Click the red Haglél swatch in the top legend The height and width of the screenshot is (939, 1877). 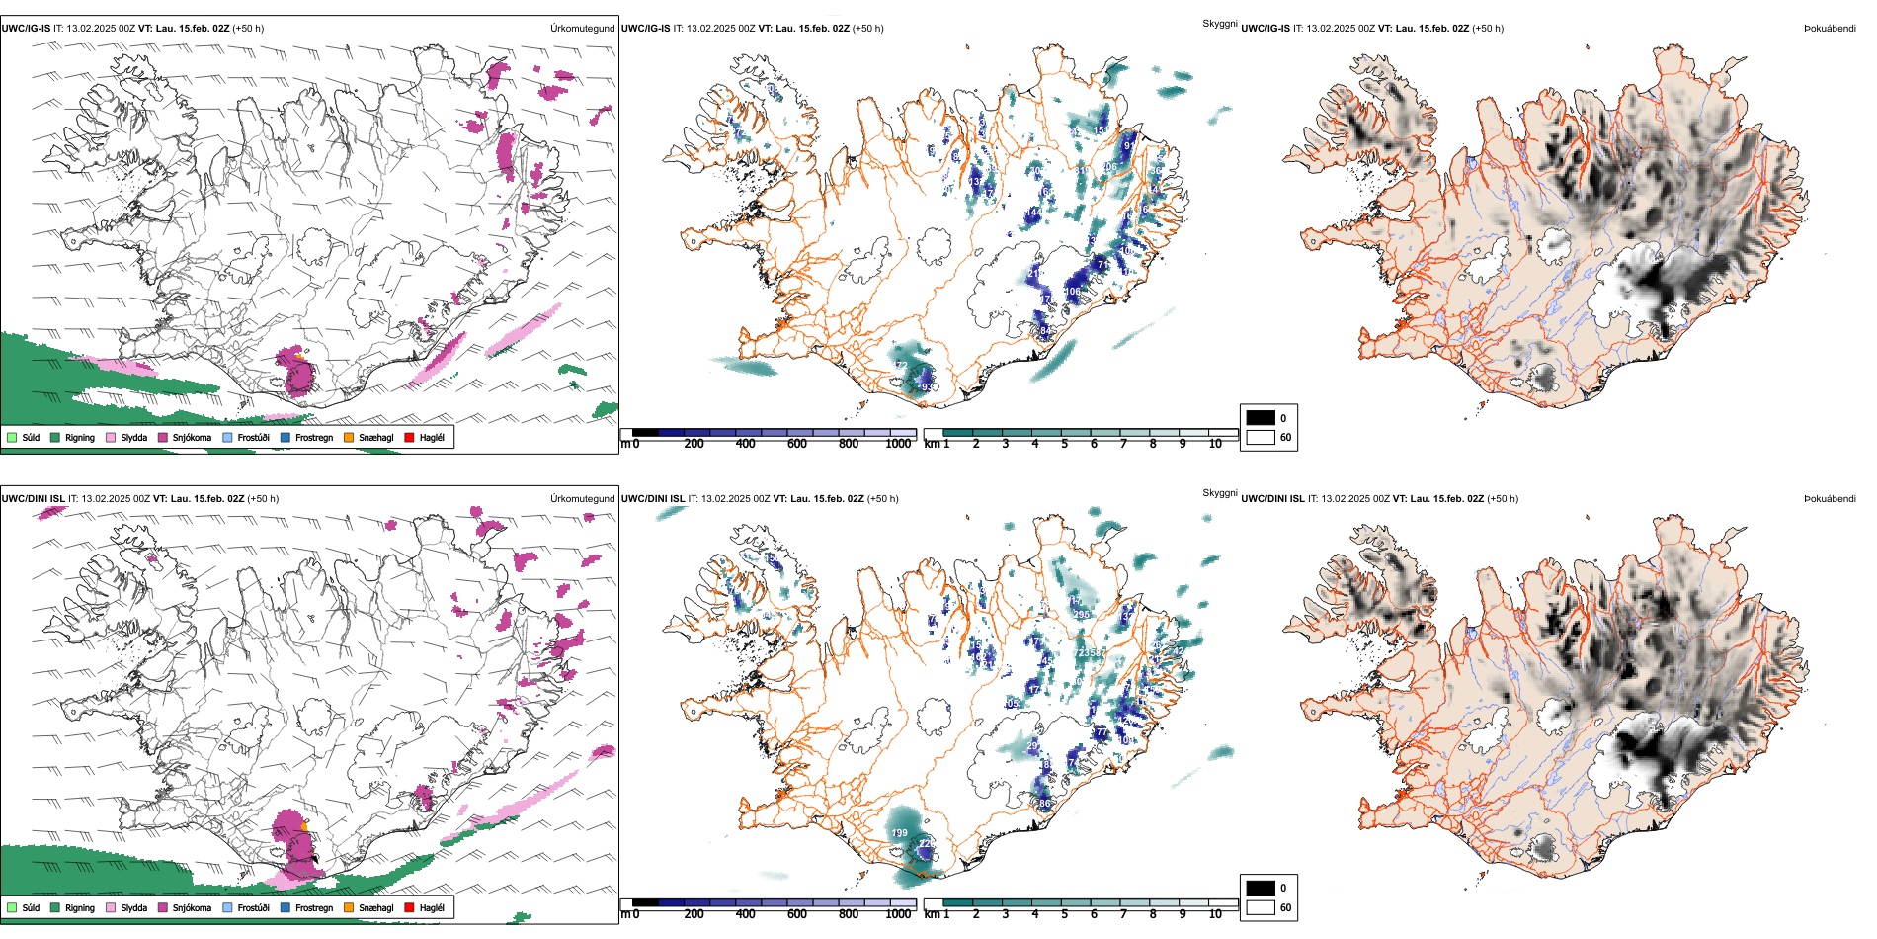[x=409, y=437]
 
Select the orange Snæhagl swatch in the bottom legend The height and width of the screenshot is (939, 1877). [x=349, y=907]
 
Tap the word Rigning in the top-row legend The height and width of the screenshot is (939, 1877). [x=80, y=437]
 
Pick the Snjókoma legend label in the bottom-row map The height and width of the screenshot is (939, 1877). [x=192, y=907]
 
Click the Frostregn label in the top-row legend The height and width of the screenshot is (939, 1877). [x=314, y=437]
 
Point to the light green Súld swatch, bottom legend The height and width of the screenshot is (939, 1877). [x=12, y=907]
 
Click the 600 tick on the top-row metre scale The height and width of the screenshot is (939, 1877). [x=797, y=444]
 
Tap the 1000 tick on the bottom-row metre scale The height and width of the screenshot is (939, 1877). [x=898, y=914]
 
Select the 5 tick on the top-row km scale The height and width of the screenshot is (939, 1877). [x=1065, y=444]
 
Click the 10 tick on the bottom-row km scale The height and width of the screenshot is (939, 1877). [x=1215, y=914]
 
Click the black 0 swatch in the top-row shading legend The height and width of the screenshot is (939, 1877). [x=1261, y=418]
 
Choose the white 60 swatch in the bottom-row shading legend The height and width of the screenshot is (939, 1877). [x=1261, y=906]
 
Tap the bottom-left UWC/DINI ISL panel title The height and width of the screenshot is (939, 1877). [x=33, y=499]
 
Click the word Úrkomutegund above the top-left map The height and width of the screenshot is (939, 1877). [x=582, y=29]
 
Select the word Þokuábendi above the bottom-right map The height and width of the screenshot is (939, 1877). [x=1830, y=499]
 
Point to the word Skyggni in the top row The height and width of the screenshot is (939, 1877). [x=1219, y=23]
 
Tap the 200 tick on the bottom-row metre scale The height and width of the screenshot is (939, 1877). [x=694, y=914]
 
